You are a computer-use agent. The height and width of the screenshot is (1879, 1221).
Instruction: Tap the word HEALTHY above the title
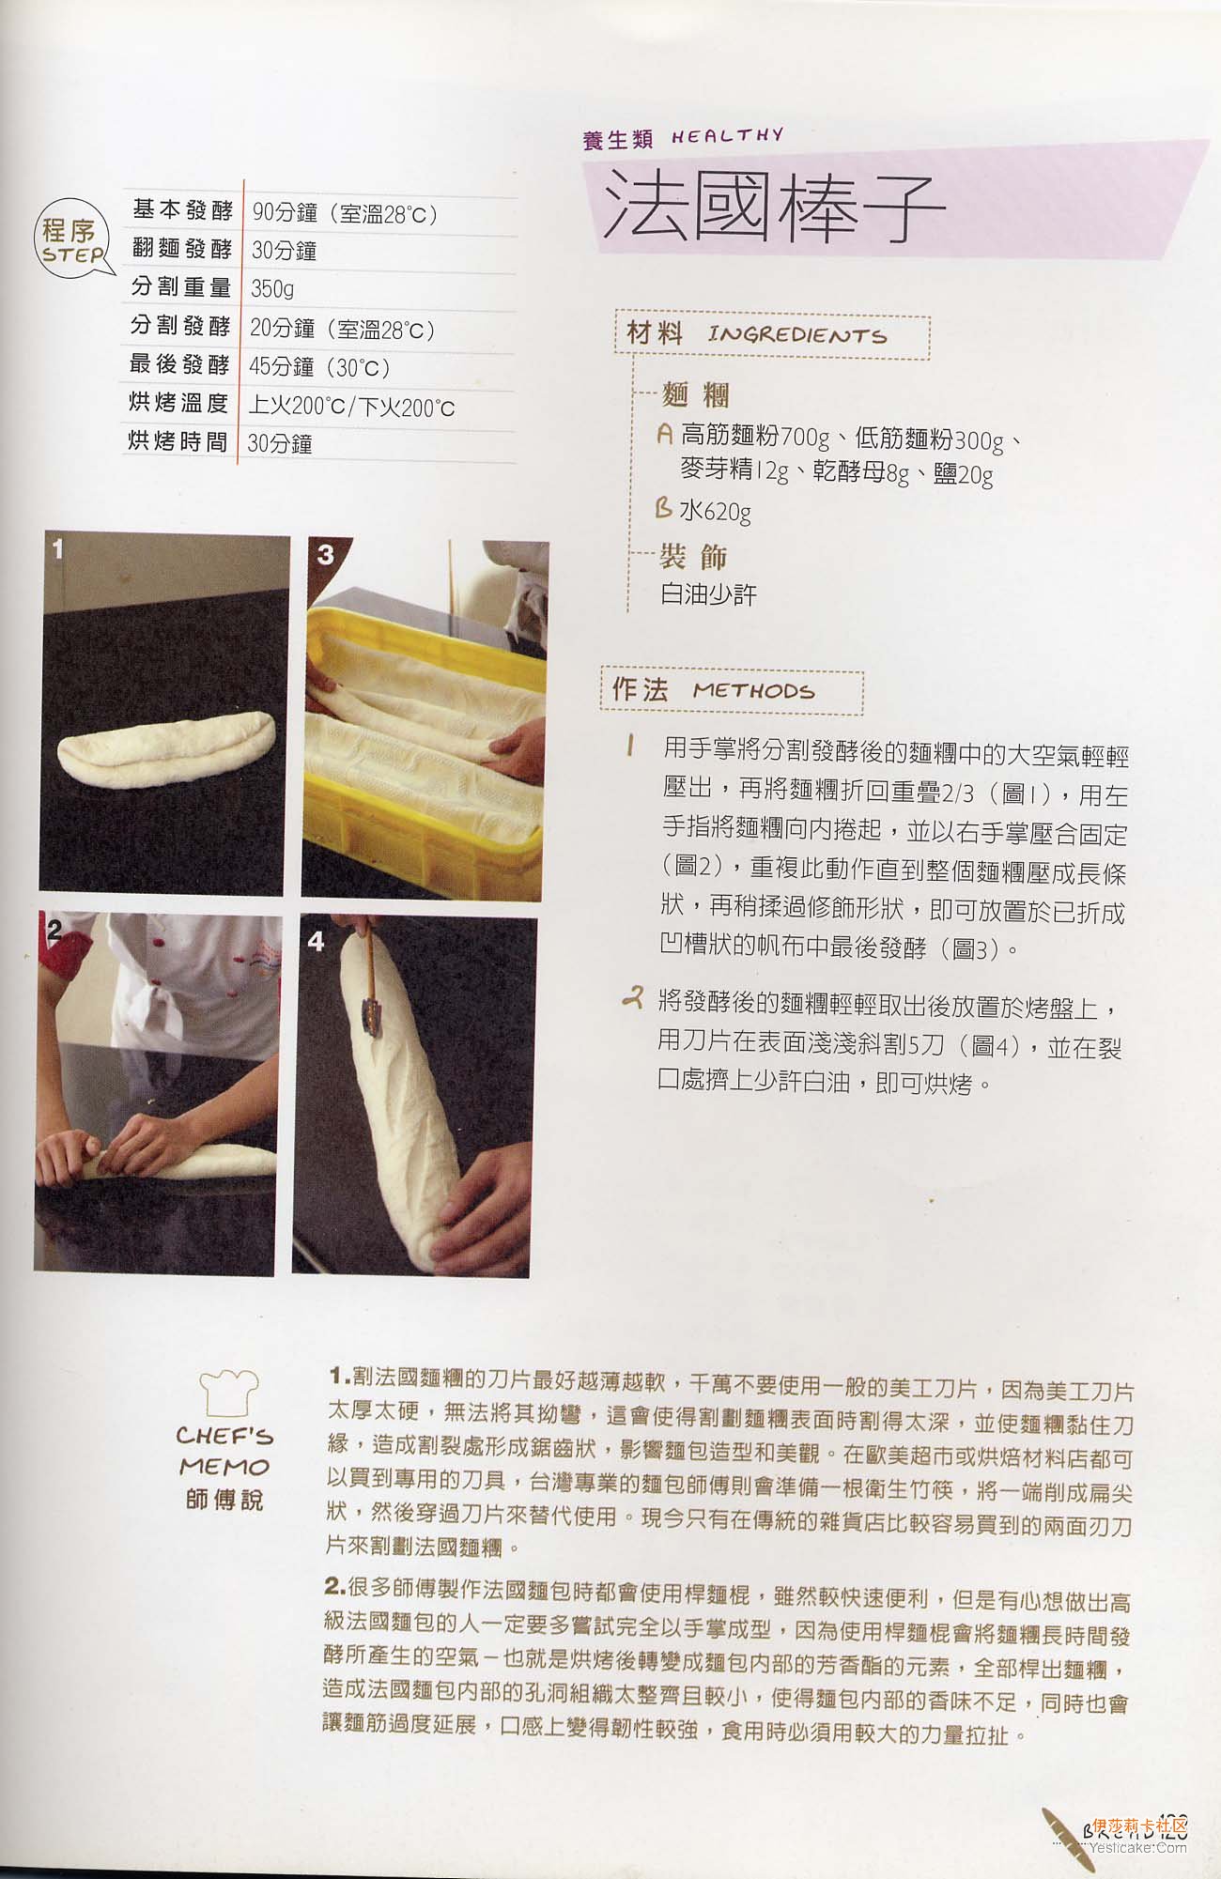[x=727, y=135]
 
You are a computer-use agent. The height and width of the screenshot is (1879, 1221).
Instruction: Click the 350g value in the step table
[x=271, y=289]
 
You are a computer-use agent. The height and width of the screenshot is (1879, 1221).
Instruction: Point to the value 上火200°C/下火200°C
[x=351, y=407]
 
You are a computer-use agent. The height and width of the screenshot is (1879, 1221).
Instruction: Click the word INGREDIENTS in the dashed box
[x=796, y=335]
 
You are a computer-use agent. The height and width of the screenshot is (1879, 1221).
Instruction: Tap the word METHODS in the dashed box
[x=753, y=691]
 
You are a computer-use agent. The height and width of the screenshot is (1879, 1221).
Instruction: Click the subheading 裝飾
[x=694, y=556]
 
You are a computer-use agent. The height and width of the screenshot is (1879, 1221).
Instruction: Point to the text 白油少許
[x=708, y=594]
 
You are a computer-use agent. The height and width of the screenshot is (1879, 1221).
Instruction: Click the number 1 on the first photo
[x=57, y=547]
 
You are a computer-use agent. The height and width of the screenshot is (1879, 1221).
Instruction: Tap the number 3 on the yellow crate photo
[x=325, y=554]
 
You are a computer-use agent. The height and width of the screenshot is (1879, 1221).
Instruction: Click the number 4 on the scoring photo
[x=315, y=941]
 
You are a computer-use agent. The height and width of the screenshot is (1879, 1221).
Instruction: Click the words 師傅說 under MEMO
[x=224, y=1500]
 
